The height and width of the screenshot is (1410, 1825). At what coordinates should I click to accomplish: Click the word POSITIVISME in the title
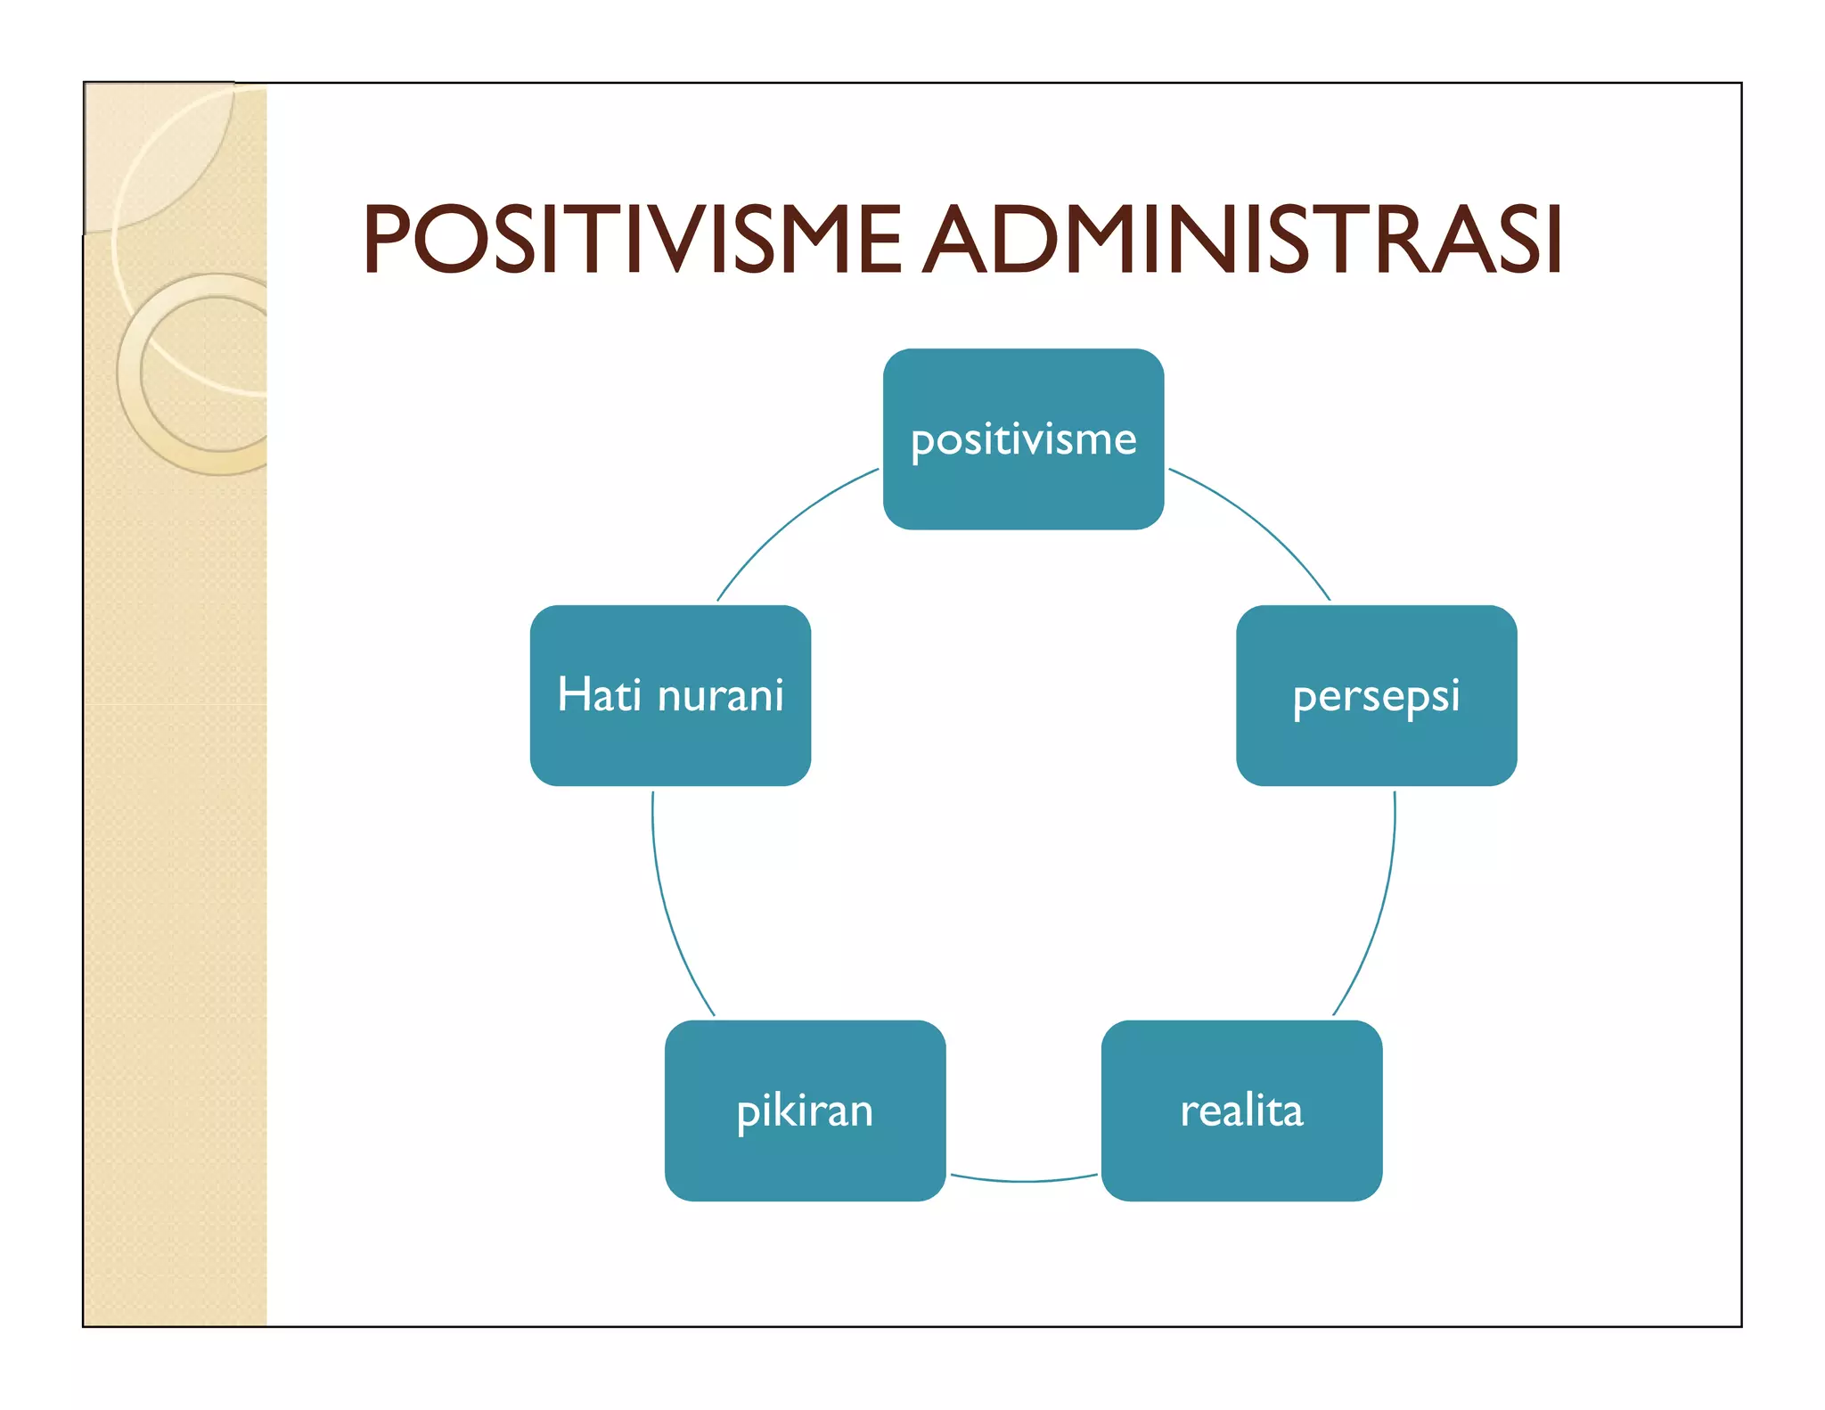632,239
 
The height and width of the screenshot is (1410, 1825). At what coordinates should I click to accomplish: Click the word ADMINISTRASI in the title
1241,239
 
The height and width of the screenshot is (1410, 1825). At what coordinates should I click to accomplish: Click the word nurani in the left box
720,696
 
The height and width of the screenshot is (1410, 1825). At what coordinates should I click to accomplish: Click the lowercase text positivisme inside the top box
1023,439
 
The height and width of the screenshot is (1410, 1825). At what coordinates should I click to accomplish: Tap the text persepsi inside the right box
1376,696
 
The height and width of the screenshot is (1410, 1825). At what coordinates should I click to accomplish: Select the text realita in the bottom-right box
1241,1111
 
